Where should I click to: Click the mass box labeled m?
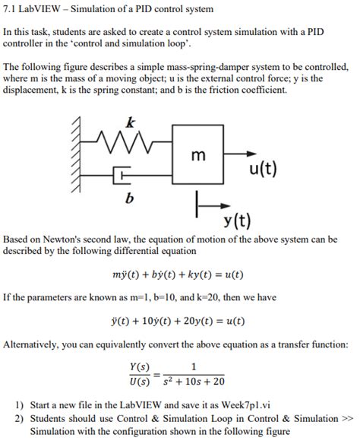click(197, 155)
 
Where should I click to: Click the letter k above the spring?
click(131, 122)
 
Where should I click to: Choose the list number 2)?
click(20, 418)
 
